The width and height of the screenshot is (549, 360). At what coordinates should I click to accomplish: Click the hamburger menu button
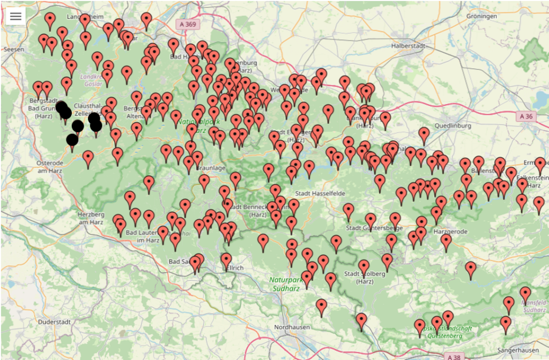[x=16, y=16]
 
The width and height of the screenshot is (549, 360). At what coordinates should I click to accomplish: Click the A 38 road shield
[x=454, y=356]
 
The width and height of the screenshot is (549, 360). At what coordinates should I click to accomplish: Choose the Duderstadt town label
[x=55, y=322]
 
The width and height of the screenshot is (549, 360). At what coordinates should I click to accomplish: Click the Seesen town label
[x=13, y=49]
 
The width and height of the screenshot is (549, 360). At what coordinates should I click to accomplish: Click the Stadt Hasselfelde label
[x=321, y=193]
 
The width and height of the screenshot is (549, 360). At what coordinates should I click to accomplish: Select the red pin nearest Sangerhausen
[x=506, y=322]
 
